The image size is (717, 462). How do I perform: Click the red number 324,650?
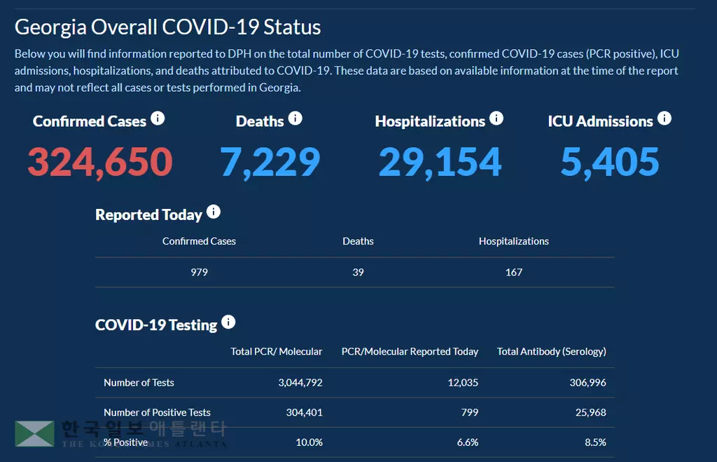(x=100, y=162)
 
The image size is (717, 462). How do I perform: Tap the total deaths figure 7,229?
(x=270, y=162)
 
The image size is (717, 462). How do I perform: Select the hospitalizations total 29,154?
(x=440, y=162)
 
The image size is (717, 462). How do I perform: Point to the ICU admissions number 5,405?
(x=610, y=162)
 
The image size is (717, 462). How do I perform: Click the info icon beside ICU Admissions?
(x=664, y=118)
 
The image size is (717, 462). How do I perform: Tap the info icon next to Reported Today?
(x=214, y=212)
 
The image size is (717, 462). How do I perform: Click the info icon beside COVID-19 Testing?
(x=228, y=322)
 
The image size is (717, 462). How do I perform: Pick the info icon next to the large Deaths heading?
(x=295, y=118)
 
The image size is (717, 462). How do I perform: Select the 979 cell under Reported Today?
(x=199, y=272)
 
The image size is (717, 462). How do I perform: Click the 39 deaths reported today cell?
(x=358, y=272)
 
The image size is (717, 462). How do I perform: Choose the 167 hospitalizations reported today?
(x=514, y=272)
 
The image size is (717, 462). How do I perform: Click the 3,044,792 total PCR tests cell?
(x=300, y=383)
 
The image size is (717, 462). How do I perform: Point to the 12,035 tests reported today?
(x=464, y=383)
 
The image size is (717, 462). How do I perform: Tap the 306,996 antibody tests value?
(x=587, y=383)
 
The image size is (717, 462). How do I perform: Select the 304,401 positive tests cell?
(x=305, y=412)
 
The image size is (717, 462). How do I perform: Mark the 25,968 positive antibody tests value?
(x=590, y=412)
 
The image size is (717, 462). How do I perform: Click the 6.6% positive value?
(x=467, y=442)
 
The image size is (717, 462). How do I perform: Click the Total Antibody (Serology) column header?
(x=552, y=351)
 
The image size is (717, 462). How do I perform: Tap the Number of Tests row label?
(x=139, y=383)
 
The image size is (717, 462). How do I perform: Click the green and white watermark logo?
(x=34, y=433)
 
